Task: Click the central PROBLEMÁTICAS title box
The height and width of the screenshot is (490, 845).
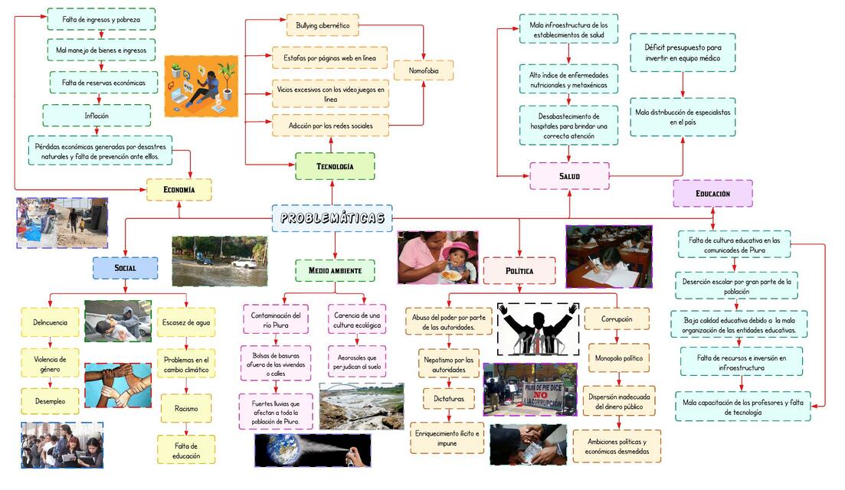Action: [332, 218]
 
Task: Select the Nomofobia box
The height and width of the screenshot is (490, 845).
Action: [424, 70]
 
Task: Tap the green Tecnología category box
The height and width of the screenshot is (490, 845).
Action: [335, 166]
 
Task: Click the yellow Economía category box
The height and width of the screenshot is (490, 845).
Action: [179, 190]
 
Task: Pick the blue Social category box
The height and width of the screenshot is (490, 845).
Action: [125, 268]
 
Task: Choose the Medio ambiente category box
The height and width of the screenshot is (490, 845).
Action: [335, 270]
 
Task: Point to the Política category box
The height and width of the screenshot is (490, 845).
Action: [519, 271]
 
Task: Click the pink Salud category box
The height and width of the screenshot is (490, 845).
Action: [569, 176]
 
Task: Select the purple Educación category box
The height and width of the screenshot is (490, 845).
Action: [712, 194]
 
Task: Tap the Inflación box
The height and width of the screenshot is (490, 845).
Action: [97, 116]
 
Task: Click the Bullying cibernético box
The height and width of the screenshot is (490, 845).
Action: [323, 25]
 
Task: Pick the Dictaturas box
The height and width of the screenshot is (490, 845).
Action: [449, 399]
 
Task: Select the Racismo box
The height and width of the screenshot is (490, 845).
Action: [186, 409]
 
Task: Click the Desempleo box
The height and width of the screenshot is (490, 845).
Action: [49, 400]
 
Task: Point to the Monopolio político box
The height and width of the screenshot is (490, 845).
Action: [618, 358]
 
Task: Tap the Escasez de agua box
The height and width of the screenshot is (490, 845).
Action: [186, 322]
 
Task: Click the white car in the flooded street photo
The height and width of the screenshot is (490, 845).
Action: [244, 263]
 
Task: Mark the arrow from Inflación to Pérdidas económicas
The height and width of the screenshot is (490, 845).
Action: [97, 131]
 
